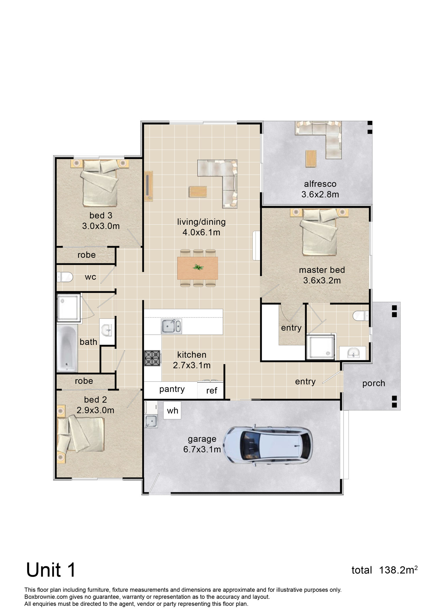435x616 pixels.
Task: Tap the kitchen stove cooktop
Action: click(152, 358)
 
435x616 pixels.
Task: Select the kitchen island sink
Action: click(171, 326)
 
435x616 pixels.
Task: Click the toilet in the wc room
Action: click(64, 277)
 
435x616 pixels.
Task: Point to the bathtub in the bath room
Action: click(67, 348)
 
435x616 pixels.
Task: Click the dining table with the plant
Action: click(198, 268)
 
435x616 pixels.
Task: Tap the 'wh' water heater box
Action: click(172, 410)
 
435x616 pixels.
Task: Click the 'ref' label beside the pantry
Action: click(212, 391)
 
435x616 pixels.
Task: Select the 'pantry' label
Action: click(172, 389)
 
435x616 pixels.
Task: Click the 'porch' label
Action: click(374, 383)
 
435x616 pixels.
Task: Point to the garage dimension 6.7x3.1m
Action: click(202, 449)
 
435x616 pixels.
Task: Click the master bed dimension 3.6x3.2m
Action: click(322, 280)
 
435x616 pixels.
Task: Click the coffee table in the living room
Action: click(198, 192)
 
